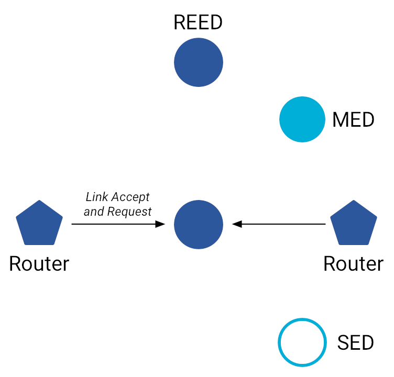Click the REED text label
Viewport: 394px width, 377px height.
point(198,23)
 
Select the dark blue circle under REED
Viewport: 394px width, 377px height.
point(199,62)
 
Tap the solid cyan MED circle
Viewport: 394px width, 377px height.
point(303,119)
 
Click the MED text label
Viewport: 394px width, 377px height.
point(354,120)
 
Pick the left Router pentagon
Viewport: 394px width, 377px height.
point(39,224)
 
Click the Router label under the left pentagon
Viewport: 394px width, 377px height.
point(39,263)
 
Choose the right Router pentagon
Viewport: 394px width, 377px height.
point(354,224)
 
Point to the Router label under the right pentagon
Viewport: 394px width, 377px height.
point(354,263)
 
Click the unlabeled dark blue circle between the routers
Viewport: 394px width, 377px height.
point(199,224)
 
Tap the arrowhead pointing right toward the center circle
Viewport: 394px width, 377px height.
point(160,224)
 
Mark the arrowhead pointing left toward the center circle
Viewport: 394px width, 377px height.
point(237,224)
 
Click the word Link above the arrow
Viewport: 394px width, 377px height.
point(96,197)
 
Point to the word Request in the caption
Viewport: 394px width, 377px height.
point(129,212)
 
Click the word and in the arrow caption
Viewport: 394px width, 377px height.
point(94,212)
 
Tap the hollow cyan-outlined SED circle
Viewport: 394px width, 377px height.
point(303,342)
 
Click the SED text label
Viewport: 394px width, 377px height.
point(356,343)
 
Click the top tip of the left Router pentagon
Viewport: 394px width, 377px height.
point(39,202)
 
